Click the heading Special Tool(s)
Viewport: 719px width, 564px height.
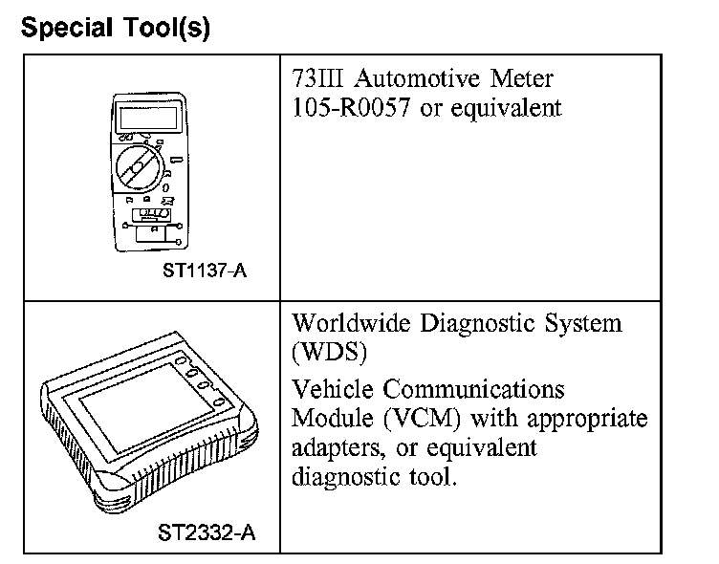click(x=115, y=29)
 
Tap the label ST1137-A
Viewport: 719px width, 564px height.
click(x=204, y=271)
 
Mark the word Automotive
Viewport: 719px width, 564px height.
click(x=422, y=78)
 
